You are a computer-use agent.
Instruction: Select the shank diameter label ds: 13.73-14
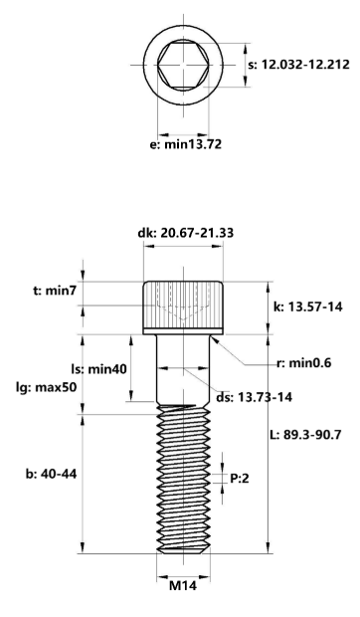[x=254, y=397]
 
